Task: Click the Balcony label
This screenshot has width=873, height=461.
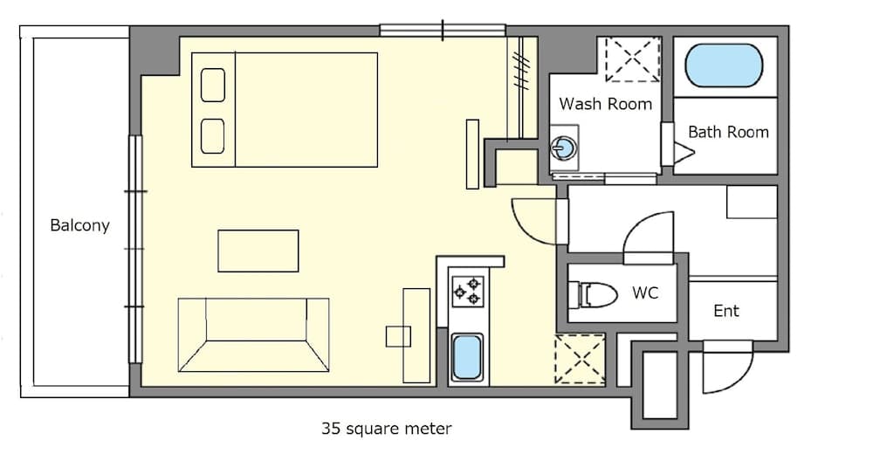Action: pos(79,225)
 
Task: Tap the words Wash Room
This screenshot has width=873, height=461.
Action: pos(605,104)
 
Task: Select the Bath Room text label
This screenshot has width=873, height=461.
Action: pos(728,133)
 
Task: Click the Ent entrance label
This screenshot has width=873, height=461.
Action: pos(726,311)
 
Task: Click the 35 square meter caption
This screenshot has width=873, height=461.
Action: pos(387,429)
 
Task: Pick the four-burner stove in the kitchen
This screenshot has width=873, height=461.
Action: pos(467,291)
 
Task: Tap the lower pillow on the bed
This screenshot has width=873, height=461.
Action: pos(214,135)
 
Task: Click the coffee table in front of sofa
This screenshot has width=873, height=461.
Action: pos(258,251)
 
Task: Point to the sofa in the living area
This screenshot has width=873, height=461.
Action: pos(253,334)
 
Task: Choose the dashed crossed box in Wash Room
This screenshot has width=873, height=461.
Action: pos(634,59)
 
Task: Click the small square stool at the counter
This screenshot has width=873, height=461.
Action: pos(398,337)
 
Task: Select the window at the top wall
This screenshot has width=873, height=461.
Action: pos(443,31)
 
